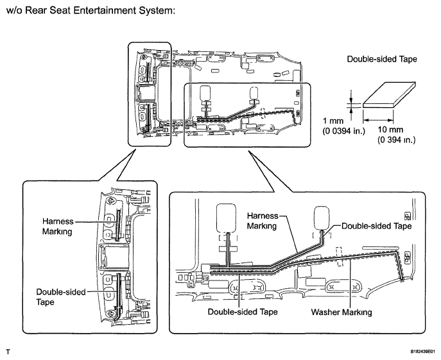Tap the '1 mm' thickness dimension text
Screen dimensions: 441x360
click(333, 121)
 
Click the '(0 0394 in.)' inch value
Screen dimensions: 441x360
click(343, 131)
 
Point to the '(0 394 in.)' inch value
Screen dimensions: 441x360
click(396, 140)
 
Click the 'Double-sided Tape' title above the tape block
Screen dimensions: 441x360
click(382, 59)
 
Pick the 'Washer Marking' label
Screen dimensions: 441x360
click(341, 312)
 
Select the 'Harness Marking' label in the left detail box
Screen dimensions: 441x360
click(58, 227)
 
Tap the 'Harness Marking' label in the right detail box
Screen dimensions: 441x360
click(262, 221)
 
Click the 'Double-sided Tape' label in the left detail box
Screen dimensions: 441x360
click(61, 297)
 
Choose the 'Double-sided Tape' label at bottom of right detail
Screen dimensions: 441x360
click(243, 312)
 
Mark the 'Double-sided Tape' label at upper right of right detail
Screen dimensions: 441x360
click(376, 226)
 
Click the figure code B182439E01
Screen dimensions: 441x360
click(424, 352)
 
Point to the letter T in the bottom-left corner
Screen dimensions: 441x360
click(8, 352)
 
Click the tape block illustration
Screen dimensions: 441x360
click(389, 95)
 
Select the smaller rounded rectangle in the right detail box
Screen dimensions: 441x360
click(322, 218)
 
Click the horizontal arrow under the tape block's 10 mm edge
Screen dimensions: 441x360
click(378, 121)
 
